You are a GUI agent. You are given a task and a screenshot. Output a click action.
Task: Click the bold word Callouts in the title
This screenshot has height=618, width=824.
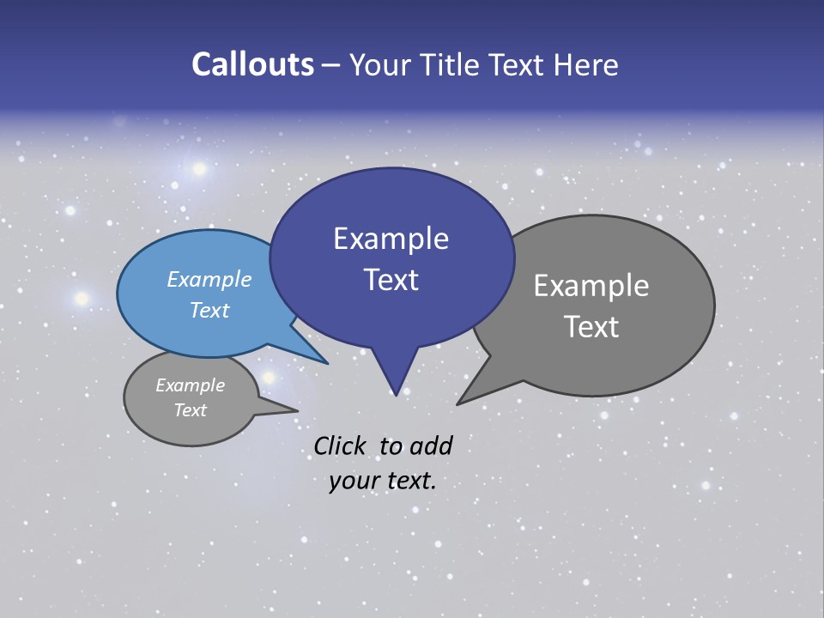[252, 64]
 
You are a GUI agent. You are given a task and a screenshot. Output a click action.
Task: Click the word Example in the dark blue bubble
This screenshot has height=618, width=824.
[391, 239]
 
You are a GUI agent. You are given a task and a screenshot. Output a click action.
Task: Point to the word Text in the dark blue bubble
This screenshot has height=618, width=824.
[391, 280]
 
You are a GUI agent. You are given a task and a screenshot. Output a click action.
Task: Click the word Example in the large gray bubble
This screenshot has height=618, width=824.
[591, 286]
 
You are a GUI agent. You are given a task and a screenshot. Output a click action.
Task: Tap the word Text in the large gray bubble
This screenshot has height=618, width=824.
[591, 327]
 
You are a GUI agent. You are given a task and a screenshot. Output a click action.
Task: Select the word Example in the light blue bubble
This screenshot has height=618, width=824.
[209, 279]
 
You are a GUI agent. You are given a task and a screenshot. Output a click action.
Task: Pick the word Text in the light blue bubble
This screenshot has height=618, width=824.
[209, 310]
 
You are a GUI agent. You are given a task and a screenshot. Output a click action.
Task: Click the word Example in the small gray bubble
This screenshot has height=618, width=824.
[190, 385]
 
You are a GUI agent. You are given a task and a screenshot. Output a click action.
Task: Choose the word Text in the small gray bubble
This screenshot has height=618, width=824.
[190, 410]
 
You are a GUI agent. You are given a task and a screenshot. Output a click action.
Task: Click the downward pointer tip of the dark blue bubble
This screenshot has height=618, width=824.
[395, 395]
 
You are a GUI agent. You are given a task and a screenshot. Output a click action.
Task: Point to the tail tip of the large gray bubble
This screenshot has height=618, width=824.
[457, 403]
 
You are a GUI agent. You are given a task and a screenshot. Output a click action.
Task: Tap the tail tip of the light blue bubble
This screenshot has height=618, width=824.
[327, 363]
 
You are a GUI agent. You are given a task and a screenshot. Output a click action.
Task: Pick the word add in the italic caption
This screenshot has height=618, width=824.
[431, 445]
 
